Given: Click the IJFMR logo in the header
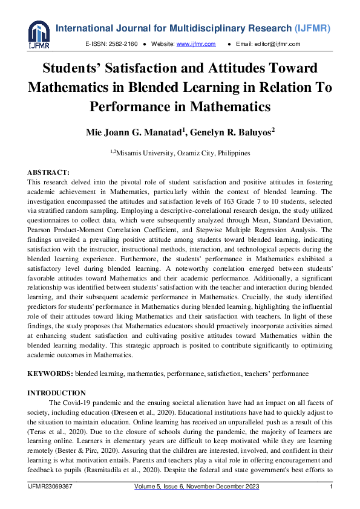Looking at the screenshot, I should coord(39,35).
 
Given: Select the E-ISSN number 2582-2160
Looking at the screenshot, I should coord(123,44).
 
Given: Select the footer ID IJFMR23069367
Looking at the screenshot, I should coord(50,488).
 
